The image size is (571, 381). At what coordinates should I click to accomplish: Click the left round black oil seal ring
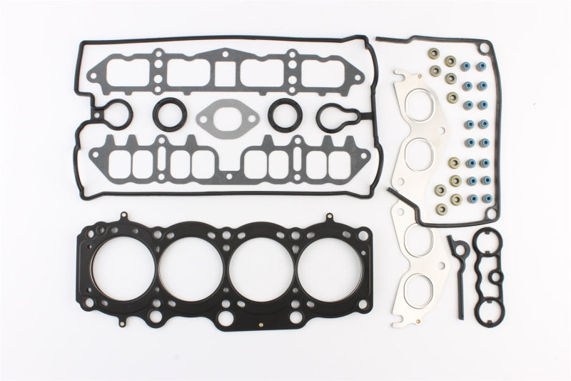click(168, 114)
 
